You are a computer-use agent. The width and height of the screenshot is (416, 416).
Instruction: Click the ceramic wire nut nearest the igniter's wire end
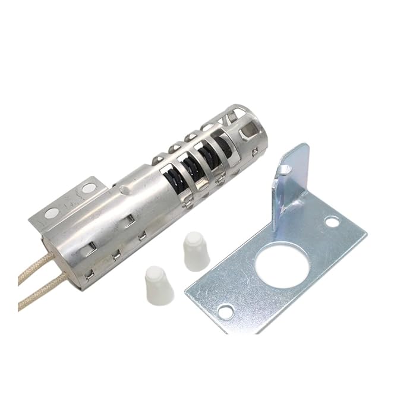coord(158,286)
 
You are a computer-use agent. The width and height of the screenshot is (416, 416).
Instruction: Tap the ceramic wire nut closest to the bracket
coord(196,250)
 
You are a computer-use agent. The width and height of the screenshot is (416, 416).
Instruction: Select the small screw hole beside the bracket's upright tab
coord(332,222)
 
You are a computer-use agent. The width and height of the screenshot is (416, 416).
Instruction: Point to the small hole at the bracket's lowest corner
coord(225,311)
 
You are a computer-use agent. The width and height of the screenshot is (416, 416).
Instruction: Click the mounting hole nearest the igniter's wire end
coord(52,212)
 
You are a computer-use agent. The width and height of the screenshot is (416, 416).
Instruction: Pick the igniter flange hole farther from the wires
coord(88,188)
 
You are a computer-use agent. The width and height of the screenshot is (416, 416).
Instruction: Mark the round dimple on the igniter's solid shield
coord(122,190)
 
